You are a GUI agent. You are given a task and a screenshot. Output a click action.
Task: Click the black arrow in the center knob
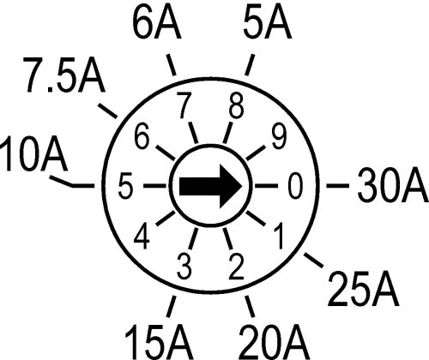(211, 186)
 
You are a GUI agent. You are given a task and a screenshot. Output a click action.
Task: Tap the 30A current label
(392, 186)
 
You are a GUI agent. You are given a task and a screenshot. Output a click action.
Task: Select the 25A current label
(363, 289)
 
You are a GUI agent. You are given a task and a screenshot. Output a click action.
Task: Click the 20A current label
(274, 341)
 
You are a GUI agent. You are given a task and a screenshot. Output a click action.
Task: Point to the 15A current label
(159, 341)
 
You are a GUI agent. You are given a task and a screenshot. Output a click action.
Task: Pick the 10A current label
(33, 153)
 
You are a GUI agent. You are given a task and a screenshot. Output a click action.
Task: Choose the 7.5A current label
(63, 75)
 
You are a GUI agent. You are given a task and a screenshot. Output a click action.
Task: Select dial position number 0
(295, 186)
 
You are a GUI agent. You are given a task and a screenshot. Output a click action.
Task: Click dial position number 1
(278, 236)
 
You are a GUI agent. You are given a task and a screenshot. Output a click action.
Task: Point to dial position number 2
(236, 267)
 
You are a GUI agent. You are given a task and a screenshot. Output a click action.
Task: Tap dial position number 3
(184, 267)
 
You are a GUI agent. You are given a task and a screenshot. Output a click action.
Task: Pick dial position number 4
(142, 237)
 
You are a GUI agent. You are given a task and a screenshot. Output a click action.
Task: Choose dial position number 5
(125, 186)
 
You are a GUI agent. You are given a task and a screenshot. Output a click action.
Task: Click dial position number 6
(142, 136)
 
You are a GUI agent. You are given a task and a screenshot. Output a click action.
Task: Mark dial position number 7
(184, 105)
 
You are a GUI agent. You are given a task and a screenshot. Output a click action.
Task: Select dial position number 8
(236, 105)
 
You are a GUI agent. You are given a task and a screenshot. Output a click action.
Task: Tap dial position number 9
(279, 136)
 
